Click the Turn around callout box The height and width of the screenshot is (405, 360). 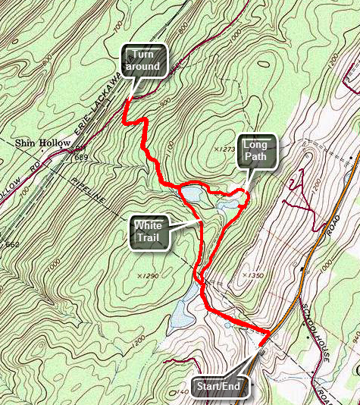(x=145, y=60)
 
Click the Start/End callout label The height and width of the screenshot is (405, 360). (x=218, y=388)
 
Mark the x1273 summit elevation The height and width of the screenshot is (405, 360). (x=224, y=149)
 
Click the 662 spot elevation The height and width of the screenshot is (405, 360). (x=11, y=244)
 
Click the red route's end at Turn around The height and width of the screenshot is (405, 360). (x=126, y=101)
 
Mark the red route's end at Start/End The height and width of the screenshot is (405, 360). (x=261, y=345)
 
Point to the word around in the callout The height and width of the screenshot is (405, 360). (x=145, y=67)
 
